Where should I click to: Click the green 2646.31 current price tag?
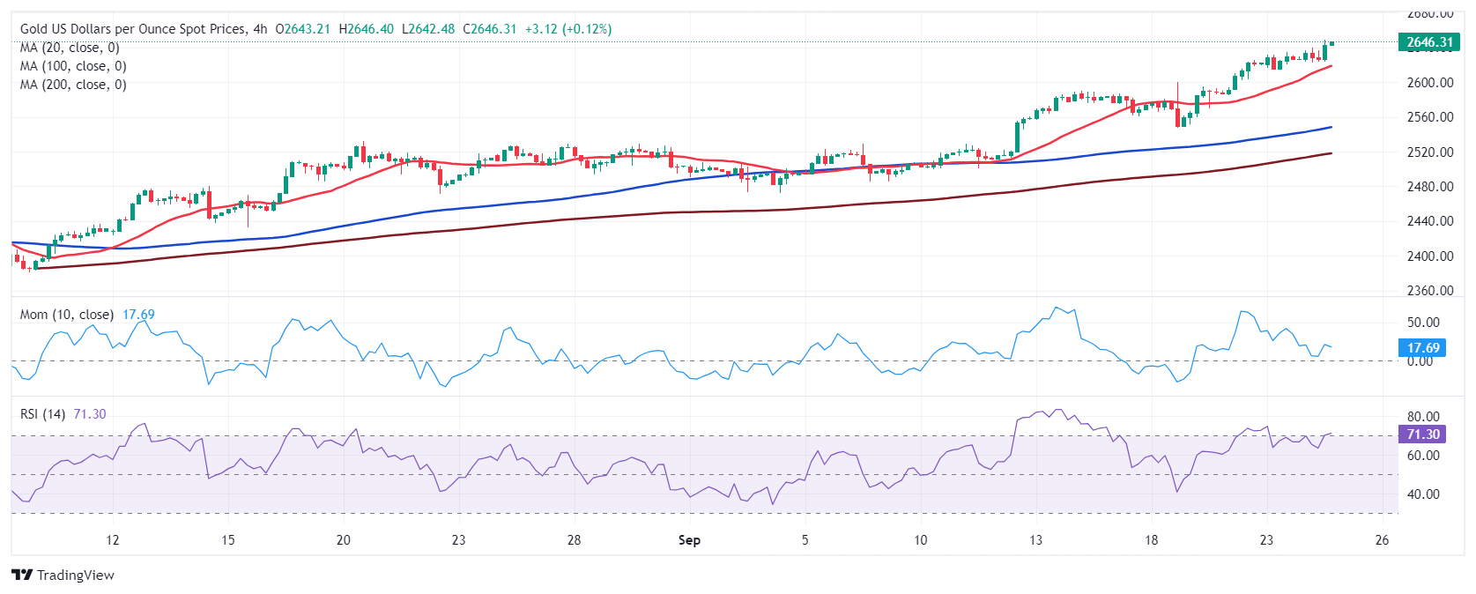tap(1428, 42)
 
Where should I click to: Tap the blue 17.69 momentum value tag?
tap(1422, 348)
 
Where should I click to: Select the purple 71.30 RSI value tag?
tap(1422, 434)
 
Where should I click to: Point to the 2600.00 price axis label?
tap(1429, 83)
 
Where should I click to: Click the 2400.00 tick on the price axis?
tap(1429, 256)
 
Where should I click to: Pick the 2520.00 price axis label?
tap(1429, 152)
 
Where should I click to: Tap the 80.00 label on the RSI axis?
tap(1422, 417)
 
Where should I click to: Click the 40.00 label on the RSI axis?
tap(1422, 494)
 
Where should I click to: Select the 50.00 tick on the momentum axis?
tap(1422, 323)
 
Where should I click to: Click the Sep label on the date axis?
tap(689, 540)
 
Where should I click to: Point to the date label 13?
tap(1035, 540)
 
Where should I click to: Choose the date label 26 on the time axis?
tap(1382, 540)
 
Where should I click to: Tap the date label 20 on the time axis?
tap(344, 540)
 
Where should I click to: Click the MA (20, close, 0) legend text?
tap(70, 48)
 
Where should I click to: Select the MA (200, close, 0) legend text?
tap(73, 85)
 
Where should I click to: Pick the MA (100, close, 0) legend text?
tap(73, 66)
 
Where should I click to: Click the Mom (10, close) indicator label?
tap(67, 315)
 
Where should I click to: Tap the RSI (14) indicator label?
tap(42, 414)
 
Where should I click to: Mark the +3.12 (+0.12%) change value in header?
tap(568, 29)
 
